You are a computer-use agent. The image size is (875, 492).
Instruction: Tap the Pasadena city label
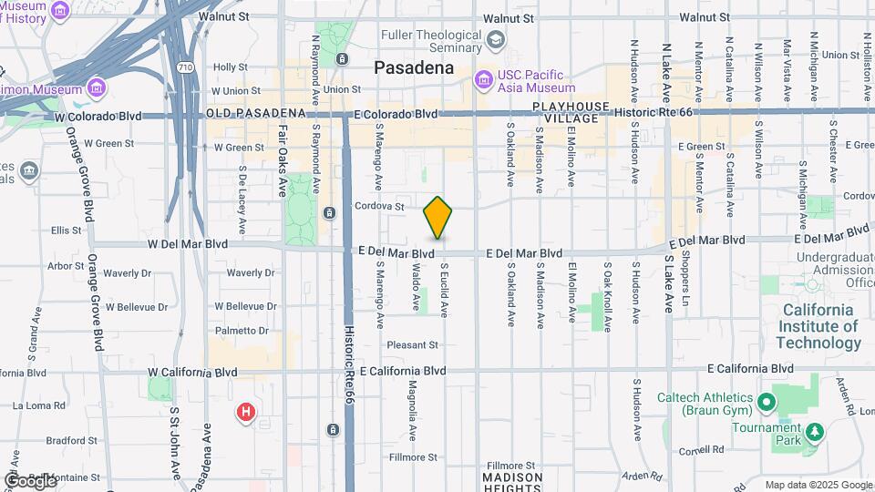(414, 67)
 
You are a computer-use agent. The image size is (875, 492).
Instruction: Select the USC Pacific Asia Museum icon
(483, 82)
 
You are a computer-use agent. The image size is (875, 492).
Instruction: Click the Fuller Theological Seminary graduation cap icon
(495, 39)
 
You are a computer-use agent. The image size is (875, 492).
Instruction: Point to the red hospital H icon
(245, 413)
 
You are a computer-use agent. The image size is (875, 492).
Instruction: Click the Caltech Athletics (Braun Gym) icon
(767, 403)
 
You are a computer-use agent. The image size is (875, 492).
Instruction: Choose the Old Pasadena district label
(254, 113)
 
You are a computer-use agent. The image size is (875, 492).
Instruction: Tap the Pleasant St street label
(412, 344)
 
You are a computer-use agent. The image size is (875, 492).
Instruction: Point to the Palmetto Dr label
(242, 331)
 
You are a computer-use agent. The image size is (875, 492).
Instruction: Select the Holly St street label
(231, 67)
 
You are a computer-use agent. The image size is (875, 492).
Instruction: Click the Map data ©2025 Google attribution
(818, 485)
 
